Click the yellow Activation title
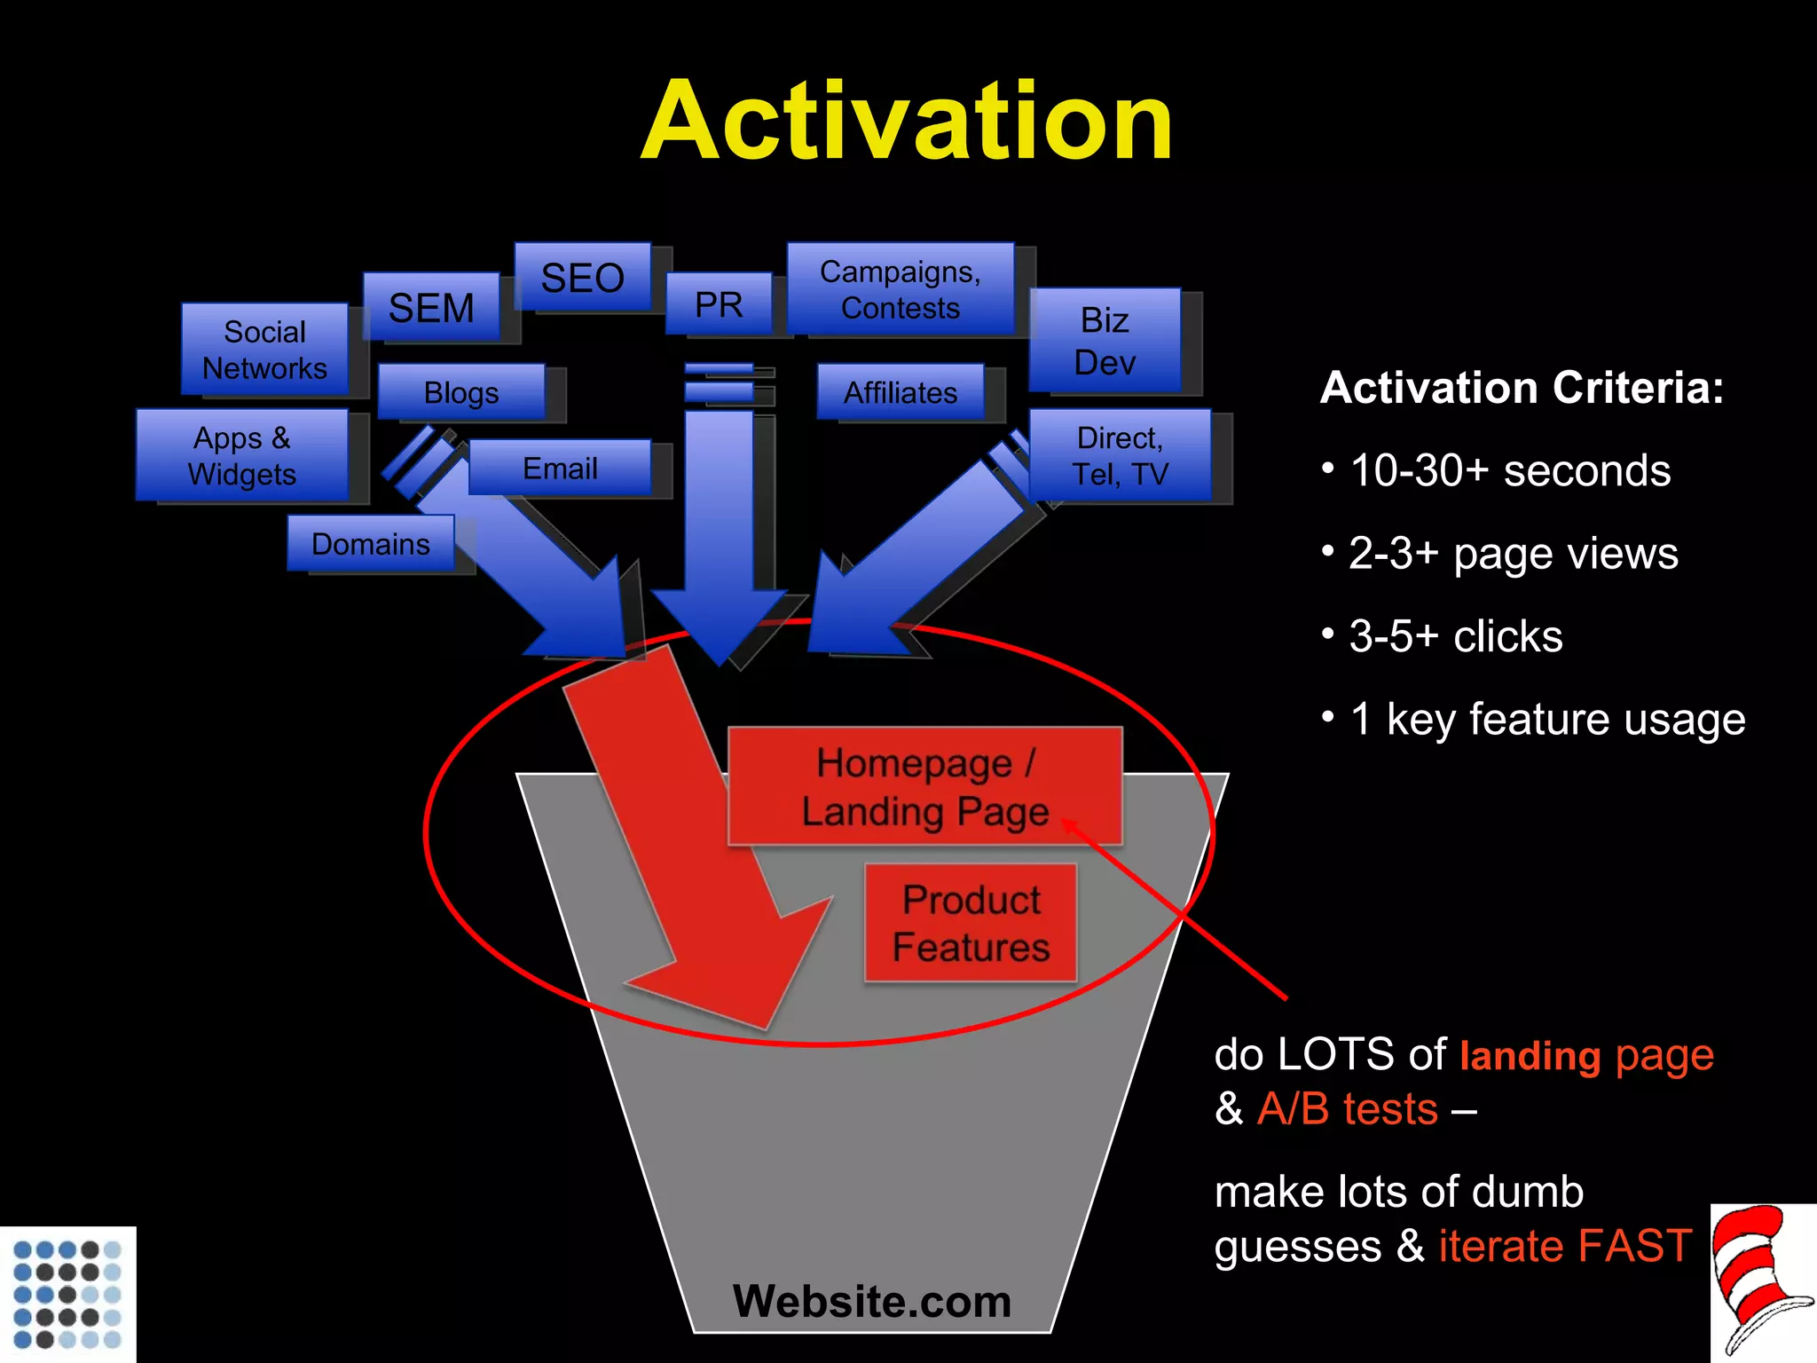[x=907, y=122]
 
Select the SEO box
[x=583, y=278]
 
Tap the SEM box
[x=431, y=308]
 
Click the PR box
[x=719, y=304]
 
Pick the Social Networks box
[x=264, y=350]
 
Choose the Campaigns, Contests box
[x=900, y=289]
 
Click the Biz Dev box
[x=1105, y=341]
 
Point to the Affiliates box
[x=900, y=392]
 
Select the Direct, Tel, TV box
[x=1120, y=455]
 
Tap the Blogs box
[x=461, y=392]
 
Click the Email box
[x=560, y=468]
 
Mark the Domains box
[x=371, y=543]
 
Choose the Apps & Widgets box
[x=241, y=455]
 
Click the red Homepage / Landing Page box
[x=924, y=786]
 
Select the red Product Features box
[x=971, y=923]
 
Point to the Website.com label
[x=871, y=1301]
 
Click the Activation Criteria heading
[x=1522, y=388]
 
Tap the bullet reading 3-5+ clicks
[x=1455, y=636]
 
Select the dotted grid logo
[x=67, y=1294]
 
